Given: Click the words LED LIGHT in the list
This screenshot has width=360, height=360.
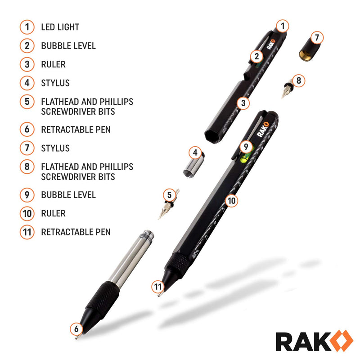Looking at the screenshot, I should point(60,27).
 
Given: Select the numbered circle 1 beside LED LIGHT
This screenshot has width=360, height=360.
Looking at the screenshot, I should point(27,27).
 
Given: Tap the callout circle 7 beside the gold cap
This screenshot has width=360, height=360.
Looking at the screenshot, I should point(316,37).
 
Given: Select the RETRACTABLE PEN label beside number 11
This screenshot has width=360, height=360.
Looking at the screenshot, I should point(76,232).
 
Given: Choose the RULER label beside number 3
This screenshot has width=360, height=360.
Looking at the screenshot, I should point(53,64).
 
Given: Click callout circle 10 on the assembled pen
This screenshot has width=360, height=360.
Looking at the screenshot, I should point(231,201).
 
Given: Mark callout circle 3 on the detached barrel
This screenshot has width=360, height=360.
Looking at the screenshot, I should point(243,103).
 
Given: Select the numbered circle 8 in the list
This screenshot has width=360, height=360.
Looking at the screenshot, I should point(27,166).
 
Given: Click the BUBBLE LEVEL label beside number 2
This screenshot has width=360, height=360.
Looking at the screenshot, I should point(68,45).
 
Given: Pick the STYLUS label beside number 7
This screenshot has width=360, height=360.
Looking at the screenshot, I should point(55,148).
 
